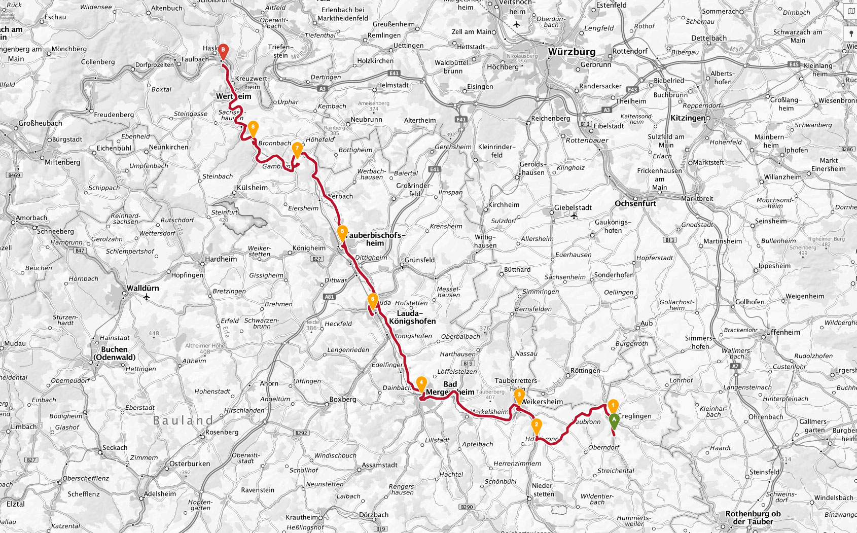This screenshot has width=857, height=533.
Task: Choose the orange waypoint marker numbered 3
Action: pyautogui.click(x=519, y=396)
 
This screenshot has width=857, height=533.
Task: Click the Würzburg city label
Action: pyautogui.click(x=572, y=52)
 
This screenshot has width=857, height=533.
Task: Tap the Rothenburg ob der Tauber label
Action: pyautogui.click(x=753, y=517)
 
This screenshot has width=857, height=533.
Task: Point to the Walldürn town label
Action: pyautogui.click(x=142, y=288)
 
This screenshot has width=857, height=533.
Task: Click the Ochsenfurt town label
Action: pyautogui.click(x=635, y=203)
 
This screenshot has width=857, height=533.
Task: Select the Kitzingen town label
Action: pyautogui.click(x=688, y=118)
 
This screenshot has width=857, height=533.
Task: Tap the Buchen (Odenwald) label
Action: pyautogui.click(x=114, y=353)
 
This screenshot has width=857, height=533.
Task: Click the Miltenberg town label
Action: pyautogui.click(x=62, y=162)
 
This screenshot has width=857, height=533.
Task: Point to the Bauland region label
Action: pyautogui.click(x=183, y=420)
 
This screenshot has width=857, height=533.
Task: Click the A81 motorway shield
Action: pyautogui.click(x=329, y=297)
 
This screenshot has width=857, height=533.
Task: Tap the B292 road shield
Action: pyautogui.click(x=301, y=433)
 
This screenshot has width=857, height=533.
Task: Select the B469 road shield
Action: pyautogui.click(x=14, y=175)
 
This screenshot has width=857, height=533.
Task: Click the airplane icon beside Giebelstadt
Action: pyautogui.click(x=574, y=216)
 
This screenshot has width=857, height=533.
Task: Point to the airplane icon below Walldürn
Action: pyautogui.click(x=147, y=297)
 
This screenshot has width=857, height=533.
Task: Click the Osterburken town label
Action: pyautogui.click(x=190, y=464)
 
